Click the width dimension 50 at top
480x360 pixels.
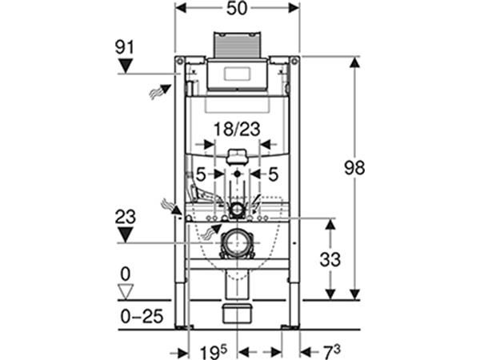(x=237, y=8)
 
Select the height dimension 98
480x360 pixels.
(x=354, y=168)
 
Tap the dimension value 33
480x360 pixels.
(x=330, y=259)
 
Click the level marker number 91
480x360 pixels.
(x=125, y=48)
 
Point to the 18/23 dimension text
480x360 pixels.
(x=237, y=129)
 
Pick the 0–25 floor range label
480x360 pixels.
(x=142, y=316)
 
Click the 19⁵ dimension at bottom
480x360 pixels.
(x=214, y=352)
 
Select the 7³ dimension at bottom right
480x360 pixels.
(x=332, y=352)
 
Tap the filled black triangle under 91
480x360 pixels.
(x=126, y=66)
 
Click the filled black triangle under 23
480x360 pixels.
(x=126, y=235)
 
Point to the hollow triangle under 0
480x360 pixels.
(x=126, y=292)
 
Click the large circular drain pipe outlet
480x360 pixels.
(x=237, y=243)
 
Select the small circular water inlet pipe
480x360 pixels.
(x=236, y=210)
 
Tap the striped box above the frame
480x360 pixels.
(x=238, y=44)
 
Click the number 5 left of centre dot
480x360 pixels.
(x=201, y=174)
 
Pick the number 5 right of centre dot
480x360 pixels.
(x=273, y=174)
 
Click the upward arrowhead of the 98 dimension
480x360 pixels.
(x=354, y=63)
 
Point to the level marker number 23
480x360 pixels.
(x=126, y=217)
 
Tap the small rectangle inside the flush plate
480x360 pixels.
(x=238, y=74)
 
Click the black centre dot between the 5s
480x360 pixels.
(x=238, y=174)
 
